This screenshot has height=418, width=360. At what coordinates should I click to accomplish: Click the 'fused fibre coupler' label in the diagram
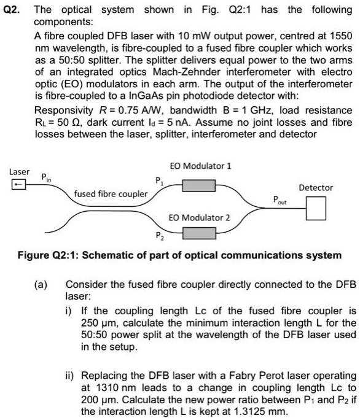point(111,194)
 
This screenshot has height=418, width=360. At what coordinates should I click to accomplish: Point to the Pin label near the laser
point(45,177)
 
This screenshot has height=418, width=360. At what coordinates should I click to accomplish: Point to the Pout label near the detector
point(281,199)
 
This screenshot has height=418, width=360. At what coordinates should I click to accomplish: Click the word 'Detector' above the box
point(316,187)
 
